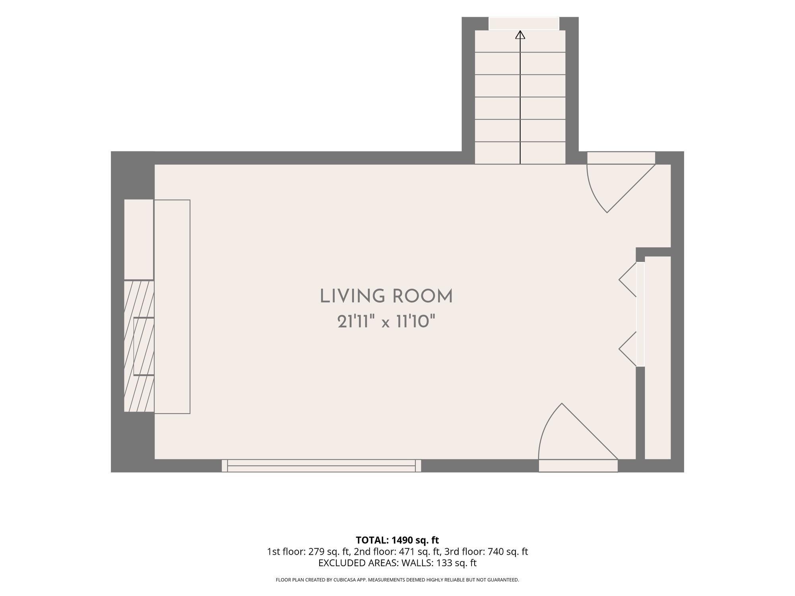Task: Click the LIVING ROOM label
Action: coord(386,297)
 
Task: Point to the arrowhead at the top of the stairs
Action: coord(520,35)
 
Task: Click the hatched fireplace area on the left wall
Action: coord(139,346)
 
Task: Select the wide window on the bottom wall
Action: coord(321,465)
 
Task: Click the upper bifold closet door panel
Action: coord(628,280)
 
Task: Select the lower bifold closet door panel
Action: coord(628,349)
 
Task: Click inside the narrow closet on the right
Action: coord(658,358)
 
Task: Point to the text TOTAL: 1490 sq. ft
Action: coord(397,540)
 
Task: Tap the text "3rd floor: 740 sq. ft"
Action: coord(486,551)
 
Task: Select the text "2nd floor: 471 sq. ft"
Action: coord(397,551)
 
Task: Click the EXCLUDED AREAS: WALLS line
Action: coord(397,563)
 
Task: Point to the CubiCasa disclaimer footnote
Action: coord(397,580)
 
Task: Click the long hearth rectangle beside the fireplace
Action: coord(172,307)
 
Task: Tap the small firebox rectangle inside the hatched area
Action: coord(144,346)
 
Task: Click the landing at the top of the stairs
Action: coord(524,23)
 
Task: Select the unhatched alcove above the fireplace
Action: coord(139,240)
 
